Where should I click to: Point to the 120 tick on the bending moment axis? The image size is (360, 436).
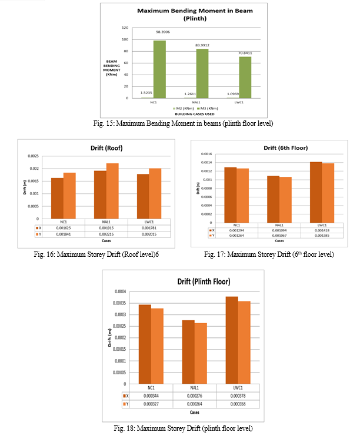pyautogui.click(x=125, y=28)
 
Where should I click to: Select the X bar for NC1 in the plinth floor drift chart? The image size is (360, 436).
pyautogui.click(x=145, y=344)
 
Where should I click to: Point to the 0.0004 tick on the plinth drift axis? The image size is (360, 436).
pyautogui.click(x=119, y=291)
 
